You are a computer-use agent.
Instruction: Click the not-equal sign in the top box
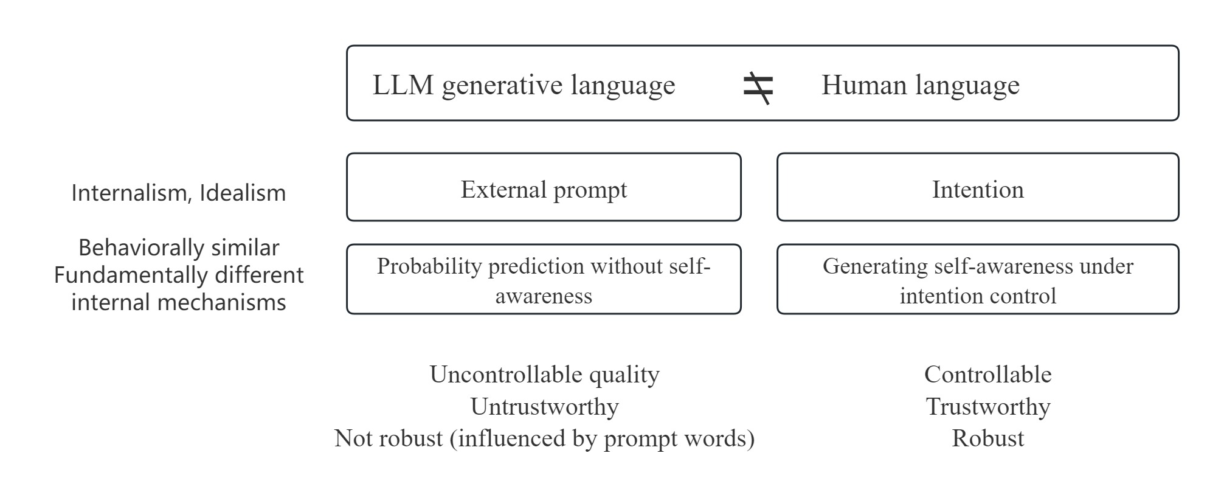[x=758, y=87]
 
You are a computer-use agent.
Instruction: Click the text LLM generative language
[x=524, y=85]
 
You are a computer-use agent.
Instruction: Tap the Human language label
[x=920, y=85]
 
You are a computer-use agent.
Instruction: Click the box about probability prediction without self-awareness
[x=544, y=280]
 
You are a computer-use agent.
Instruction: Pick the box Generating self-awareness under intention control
[x=977, y=280]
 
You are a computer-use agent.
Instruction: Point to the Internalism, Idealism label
[x=179, y=193]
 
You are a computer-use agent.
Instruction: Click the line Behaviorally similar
[x=179, y=248]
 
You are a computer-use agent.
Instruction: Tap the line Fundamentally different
[x=179, y=275]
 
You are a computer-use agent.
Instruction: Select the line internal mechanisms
[x=179, y=302]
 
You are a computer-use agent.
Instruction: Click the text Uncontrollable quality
[x=544, y=375]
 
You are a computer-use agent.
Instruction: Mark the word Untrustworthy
[x=544, y=406]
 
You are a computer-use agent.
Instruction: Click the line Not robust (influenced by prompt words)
[x=544, y=438]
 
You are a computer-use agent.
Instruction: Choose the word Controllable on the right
[x=987, y=375]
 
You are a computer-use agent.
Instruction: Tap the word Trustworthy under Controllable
[x=987, y=406]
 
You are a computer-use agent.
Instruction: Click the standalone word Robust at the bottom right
[x=987, y=438]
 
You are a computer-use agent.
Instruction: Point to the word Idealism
[x=243, y=193]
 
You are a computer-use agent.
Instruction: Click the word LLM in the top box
[x=403, y=85]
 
